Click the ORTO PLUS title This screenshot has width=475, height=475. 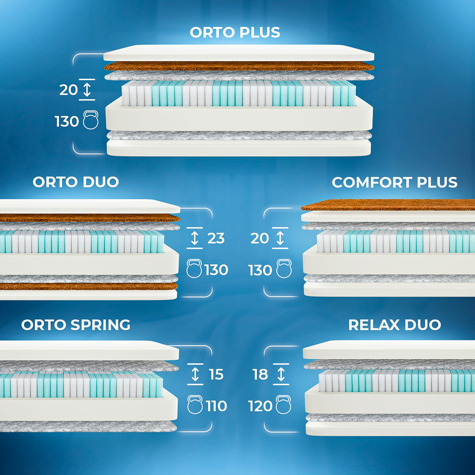point(235,32)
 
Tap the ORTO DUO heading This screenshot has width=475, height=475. point(76,182)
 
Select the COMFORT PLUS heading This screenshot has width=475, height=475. point(394,182)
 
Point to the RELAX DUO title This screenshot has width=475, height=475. point(394,325)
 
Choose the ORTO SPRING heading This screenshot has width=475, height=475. point(76,325)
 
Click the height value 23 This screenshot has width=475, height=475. point(216,238)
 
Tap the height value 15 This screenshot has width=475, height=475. point(216,374)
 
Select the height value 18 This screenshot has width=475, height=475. point(260,374)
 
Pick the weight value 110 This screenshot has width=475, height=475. point(216,406)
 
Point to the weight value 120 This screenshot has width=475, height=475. point(260,406)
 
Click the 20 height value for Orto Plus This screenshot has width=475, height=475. point(68,90)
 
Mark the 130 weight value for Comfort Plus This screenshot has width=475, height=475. point(260,270)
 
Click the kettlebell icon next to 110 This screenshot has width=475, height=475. point(195,405)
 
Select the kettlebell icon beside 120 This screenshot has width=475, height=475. point(283,405)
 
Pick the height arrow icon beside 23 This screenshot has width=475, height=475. point(194,238)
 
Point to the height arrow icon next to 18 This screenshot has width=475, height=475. point(281,374)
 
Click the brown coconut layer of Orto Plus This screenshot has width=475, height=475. point(239,66)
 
